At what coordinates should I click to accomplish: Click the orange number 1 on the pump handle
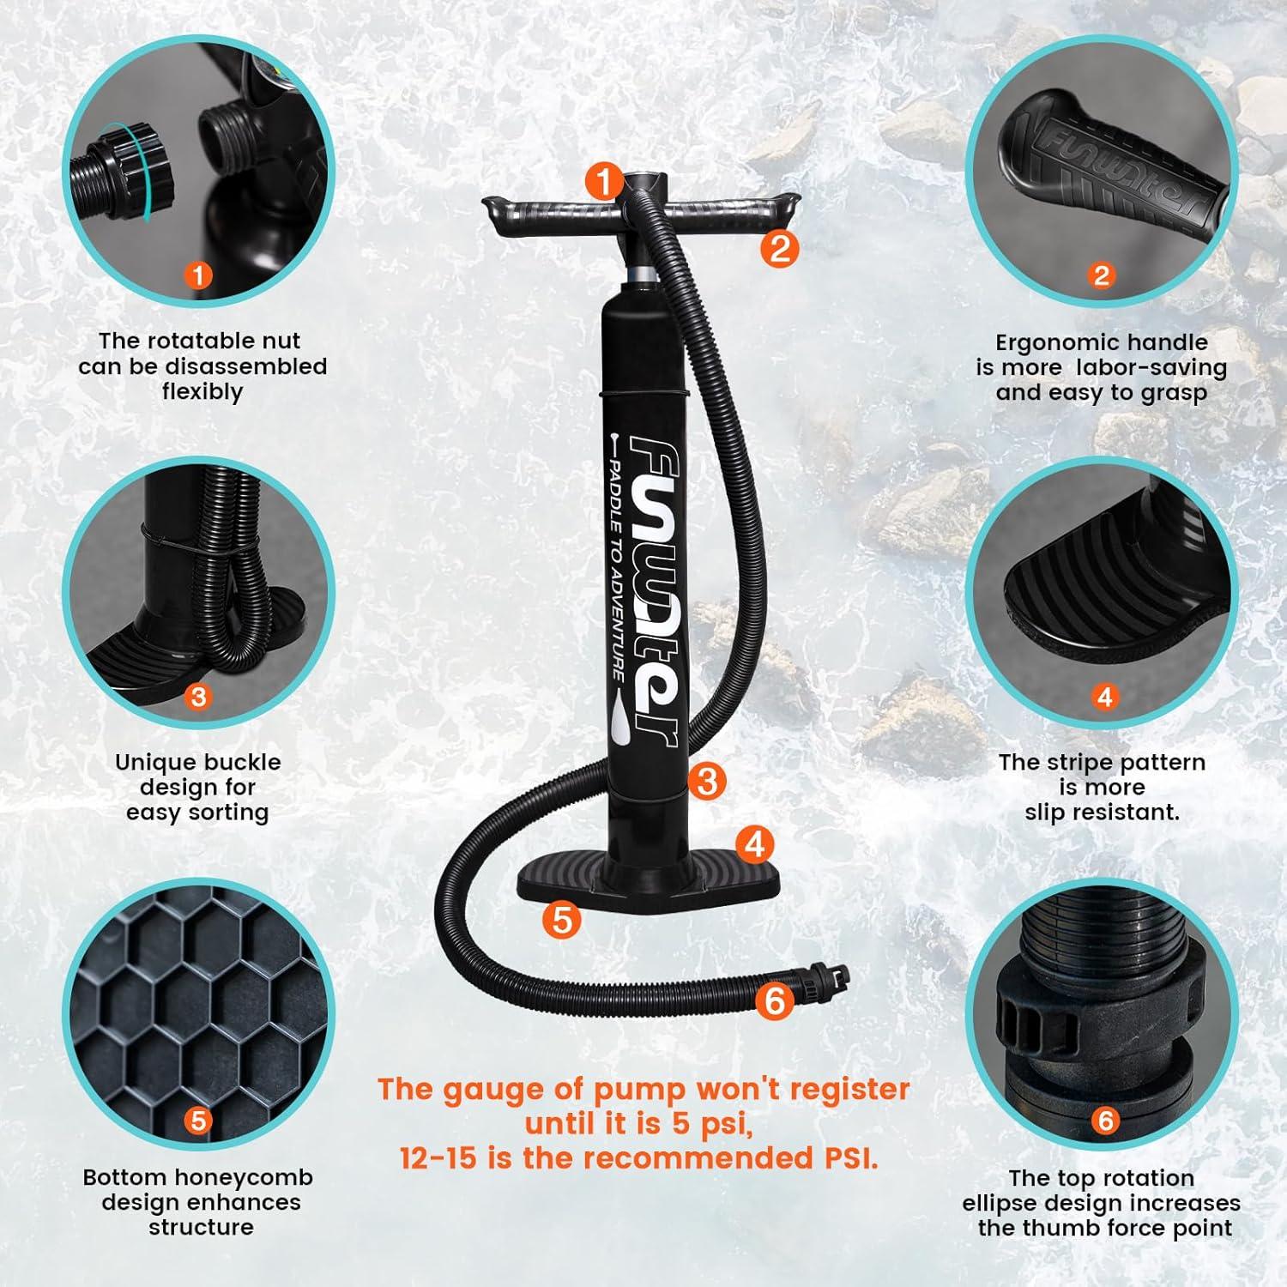pos(605,182)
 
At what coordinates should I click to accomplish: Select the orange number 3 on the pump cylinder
pos(707,781)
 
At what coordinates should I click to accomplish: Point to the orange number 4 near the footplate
pos(755,844)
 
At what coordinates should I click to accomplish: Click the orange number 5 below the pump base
pos(562,920)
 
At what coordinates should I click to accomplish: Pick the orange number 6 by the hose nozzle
pos(775,1000)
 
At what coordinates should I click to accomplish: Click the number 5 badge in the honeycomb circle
pos(198,1121)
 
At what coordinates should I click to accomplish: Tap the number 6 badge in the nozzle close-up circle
pos(1105,1121)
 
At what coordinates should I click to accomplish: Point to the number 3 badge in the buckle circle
pos(198,696)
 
